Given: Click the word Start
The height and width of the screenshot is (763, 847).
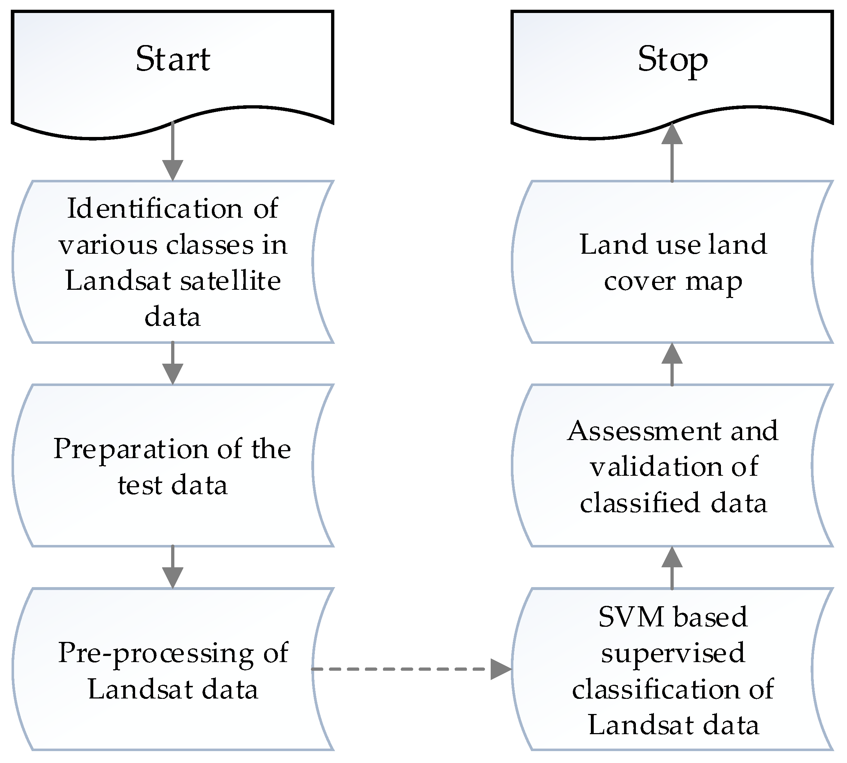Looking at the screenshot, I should pyautogui.click(x=173, y=59).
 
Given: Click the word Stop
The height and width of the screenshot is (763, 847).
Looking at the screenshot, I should pyautogui.click(x=672, y=59).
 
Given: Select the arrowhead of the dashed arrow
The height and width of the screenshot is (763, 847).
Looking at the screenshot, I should pyautogui.click(x=500, y=669).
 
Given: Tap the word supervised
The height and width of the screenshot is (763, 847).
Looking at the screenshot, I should pyautogui.click(x=673, y=653).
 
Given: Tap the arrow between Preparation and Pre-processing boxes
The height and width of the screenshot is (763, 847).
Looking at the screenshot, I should pyautogui.click(x=173, y=567).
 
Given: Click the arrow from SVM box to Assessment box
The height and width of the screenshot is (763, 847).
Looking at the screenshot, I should pyautogui.click(x=672, y=568).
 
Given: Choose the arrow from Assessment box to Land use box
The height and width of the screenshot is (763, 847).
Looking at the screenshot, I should pyautogui.click(x=672, y=364).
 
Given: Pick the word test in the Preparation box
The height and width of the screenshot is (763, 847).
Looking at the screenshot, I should pyautogui.click(x=139, y=485).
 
